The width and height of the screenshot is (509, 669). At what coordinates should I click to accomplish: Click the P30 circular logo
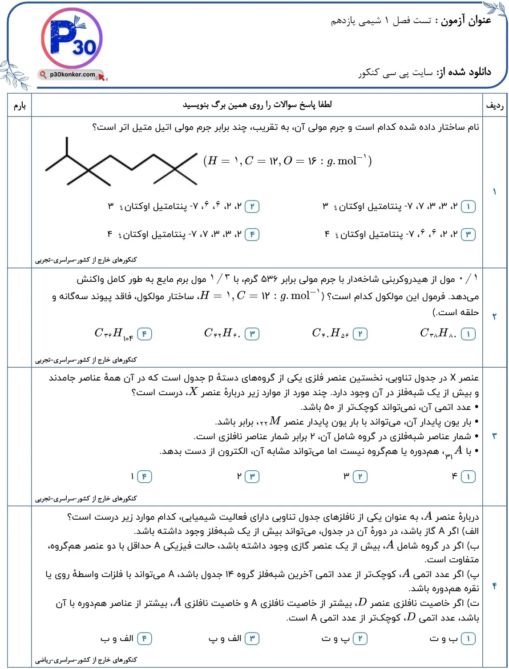[x=72, y=39]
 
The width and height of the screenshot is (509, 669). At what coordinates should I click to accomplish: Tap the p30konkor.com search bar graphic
[x=72, y=75]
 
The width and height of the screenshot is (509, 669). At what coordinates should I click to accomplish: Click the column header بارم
[x=20, y=105]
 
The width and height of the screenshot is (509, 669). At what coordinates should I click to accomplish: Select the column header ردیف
[x=494, y=105]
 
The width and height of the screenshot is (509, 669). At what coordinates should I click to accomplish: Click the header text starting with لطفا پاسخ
[x=257, y=105]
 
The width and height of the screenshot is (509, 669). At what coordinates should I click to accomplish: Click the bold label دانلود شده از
[x=464, y=72]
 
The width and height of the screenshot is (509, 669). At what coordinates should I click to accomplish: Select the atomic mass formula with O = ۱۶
[x=287, y=161]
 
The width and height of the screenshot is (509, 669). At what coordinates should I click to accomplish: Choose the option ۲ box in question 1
[x=252, y=207]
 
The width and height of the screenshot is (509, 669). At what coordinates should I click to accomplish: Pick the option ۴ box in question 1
[x=252, y=234]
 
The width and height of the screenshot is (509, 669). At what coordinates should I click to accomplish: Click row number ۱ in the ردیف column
[x=494, y=192]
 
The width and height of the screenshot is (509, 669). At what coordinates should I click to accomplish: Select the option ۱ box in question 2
[x=468, y=334]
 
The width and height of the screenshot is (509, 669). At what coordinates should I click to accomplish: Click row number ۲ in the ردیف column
[x=494, y=316]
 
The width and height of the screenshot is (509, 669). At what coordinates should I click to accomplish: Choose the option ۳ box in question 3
[x=252, y=477]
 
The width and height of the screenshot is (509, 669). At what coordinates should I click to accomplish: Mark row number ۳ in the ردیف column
[x=494, y=436]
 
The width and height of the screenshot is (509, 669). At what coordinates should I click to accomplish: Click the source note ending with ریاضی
[x=86, y=660]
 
